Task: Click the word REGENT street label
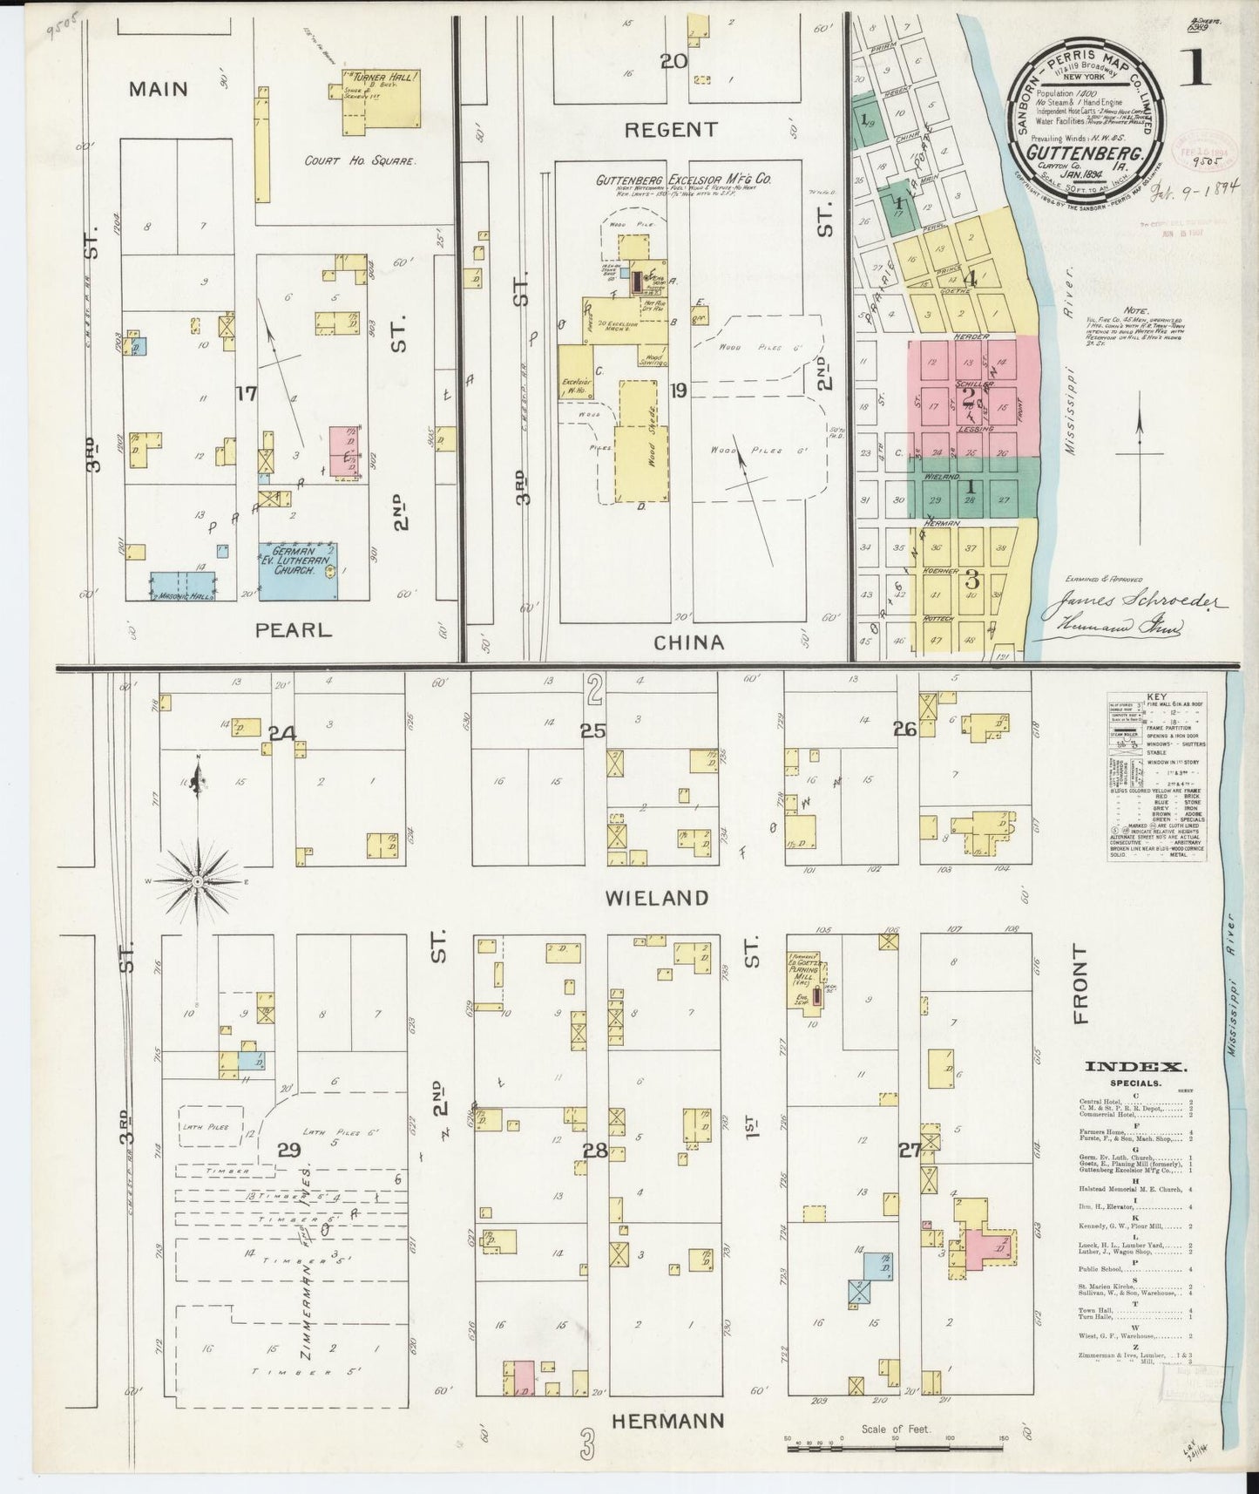click(670, 130)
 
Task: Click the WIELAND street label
click(659, 898)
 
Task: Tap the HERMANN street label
click(667, 1421)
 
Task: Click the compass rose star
click(198, 882)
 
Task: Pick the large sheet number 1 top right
click(1196, 70)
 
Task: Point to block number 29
click(289, 1151)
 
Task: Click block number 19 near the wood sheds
click(678, 390)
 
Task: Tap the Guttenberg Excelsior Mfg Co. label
click(684, 180)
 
